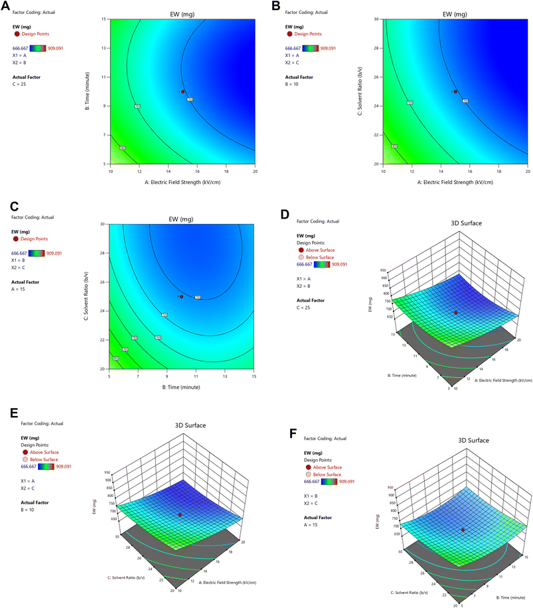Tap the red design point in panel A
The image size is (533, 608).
[x=183, y=92]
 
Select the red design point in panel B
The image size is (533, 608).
[x=455, y=92]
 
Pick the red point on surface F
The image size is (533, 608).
[x=463, y=530]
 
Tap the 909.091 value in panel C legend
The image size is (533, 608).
[x=58, y=253]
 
